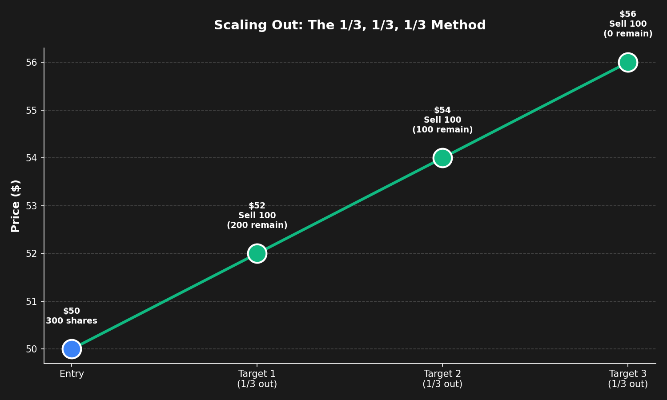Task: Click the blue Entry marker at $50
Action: coord(72,349)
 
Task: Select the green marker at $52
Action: coord(257,253)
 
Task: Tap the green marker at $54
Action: coord(442,158)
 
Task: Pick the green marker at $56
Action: coord(628,62)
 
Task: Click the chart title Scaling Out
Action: coord(350,25)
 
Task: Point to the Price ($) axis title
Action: coord(16,206)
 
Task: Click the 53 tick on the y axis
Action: coord(31,206)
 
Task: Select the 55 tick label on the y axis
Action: coord(31,110)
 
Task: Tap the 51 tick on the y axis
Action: coord(31,301)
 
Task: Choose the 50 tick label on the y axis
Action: coord(31,349)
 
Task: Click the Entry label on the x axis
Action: coord(72,374)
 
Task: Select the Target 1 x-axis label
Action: coord(257,379)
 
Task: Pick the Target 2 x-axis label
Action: coord(442,379)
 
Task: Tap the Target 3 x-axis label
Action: coord(628,379)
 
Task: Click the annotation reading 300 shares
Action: coord(72,321)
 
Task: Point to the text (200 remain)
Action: coord(257,225)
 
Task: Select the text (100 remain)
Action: coord(442,130)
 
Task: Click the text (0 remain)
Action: coord(628,34)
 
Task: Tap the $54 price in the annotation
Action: coord(442,110)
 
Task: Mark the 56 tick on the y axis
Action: coord(31,62)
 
